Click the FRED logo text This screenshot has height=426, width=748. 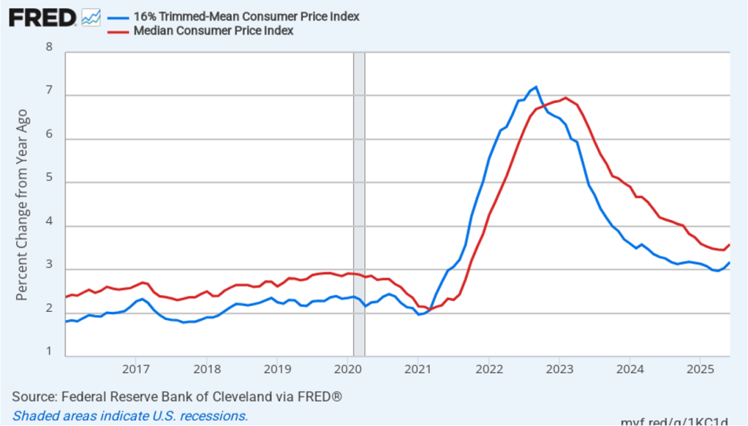42,17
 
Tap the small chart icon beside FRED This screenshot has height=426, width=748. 91,17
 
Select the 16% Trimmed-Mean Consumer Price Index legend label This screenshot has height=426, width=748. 246,16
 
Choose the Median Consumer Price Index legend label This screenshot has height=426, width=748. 214,31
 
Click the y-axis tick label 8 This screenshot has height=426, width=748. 50,48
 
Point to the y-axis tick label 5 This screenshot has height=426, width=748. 50,182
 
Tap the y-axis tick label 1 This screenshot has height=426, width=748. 50,352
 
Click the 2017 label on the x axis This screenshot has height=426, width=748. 136,368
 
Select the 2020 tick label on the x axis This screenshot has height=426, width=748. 348,368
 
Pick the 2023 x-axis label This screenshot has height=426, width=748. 559,368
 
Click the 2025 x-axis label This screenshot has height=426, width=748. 700,368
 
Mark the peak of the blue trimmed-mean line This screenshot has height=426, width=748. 536,87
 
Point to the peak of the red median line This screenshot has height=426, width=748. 566,97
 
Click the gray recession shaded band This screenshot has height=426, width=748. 359,205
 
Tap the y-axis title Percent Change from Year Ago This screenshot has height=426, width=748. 22,205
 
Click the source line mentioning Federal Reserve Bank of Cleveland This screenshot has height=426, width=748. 177,397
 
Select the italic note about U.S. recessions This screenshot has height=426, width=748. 130,416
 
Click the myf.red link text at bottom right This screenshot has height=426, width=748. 674,422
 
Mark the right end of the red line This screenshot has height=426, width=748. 729,245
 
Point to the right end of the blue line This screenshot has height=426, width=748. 729,263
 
